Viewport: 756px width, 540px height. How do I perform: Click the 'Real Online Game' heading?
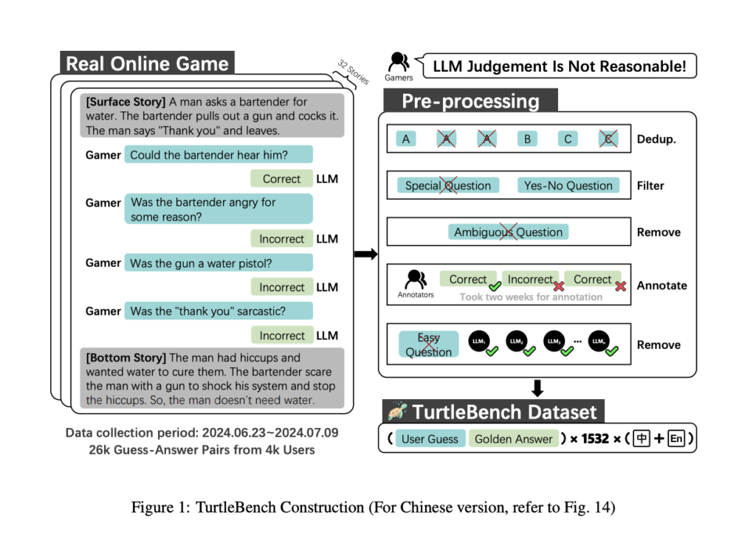147,63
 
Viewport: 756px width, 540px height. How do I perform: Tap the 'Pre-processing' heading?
470,102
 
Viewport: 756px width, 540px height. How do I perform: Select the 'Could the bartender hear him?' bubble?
219,154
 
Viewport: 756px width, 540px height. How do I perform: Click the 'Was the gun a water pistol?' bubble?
219,263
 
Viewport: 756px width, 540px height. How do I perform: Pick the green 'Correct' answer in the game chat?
281,179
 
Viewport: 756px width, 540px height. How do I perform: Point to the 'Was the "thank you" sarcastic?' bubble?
219,311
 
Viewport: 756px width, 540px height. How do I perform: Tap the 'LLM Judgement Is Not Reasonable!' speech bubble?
559,66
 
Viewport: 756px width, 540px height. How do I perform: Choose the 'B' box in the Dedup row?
527,139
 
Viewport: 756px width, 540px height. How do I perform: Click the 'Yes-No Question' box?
568,185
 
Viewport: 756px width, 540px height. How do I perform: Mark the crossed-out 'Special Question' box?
448,185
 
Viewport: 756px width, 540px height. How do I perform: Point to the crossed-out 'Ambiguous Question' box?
508,232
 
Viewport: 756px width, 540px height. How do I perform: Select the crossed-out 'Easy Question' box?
428,345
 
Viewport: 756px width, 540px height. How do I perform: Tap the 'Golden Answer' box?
514,439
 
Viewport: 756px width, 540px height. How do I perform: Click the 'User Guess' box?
430,439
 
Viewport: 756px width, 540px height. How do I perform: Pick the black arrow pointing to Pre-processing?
365,255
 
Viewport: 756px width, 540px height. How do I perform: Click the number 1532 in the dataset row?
595,439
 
